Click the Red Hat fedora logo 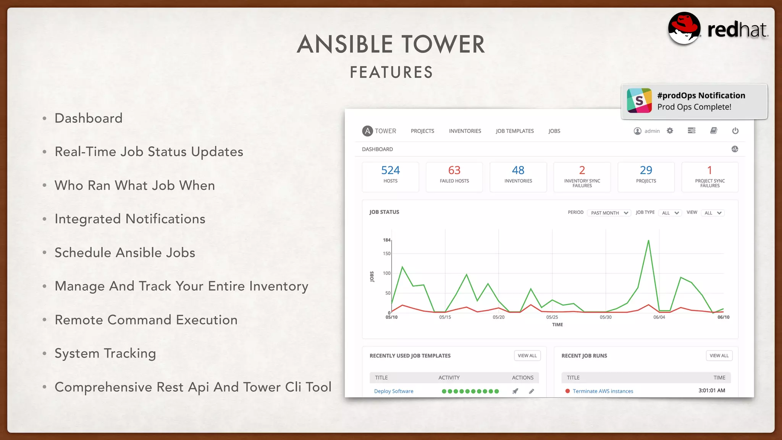coord(684,28)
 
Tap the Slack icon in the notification coord(639,100)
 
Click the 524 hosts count coord(390,170)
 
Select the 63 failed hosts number coord(454,170)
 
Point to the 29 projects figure coord(646,170)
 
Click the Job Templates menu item coord(514,131)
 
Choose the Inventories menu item coord(465,131)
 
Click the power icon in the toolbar coord(735,131)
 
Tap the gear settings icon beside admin coord(670,131)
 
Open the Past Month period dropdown coord(609,213)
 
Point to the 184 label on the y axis coord(386,240)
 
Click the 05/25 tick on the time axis coord(552,317)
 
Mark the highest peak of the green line coord(648,241)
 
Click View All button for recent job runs coord(719,356)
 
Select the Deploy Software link coord(394,391)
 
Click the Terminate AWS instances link coord(603,391)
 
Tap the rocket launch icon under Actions coord(515,391)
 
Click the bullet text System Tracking coord(105,353)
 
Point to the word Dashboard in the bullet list coord(89,118)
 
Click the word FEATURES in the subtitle coord(391,72)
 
